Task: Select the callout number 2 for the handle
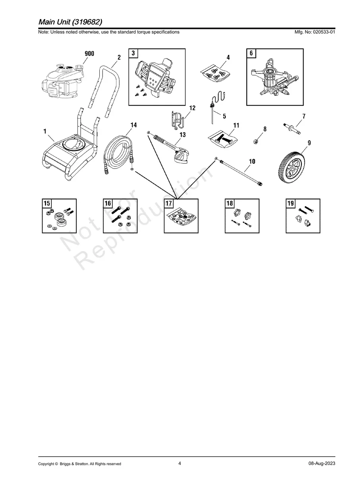[119, 57]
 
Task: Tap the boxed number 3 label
[133, 53]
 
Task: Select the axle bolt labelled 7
[292, 128]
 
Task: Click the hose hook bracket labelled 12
[177, 120]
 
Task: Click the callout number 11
[236, 126]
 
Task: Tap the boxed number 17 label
[169, 203]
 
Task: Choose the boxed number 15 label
[47, 203]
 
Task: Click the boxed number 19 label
[291, 203]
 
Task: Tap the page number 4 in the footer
[180, 463]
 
